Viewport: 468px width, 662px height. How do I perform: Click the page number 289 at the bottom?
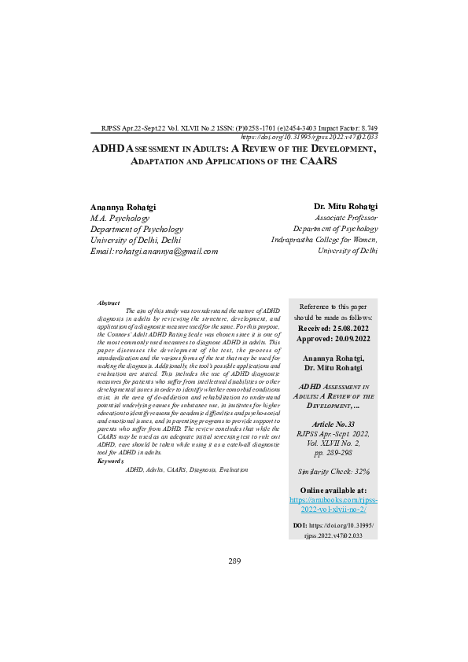(234, 561)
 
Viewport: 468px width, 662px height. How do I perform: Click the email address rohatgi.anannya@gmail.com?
(155, 251)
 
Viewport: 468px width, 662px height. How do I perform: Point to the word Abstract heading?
(109, 303)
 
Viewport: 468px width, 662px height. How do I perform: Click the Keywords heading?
(110, 461)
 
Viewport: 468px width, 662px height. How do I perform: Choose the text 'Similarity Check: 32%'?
(334, 471)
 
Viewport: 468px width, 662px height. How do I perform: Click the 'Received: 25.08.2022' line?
(334, 327)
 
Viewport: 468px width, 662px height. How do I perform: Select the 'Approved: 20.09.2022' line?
(334, 338)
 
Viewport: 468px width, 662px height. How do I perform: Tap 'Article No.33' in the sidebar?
(334, 424)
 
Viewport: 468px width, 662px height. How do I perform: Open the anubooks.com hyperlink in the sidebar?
(334, 504)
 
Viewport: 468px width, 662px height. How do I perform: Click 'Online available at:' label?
(334, 491)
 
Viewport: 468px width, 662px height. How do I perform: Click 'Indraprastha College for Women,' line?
(324, 240)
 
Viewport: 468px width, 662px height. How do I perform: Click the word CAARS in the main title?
(319, 161)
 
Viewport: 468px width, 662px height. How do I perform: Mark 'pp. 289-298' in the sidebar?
(334, 454)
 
